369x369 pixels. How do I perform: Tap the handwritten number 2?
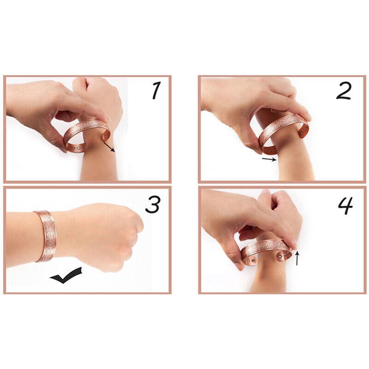[x=343, y=91]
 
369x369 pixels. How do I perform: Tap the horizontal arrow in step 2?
[x=269, y=160]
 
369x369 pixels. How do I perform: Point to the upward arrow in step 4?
[x=297, y=258]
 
